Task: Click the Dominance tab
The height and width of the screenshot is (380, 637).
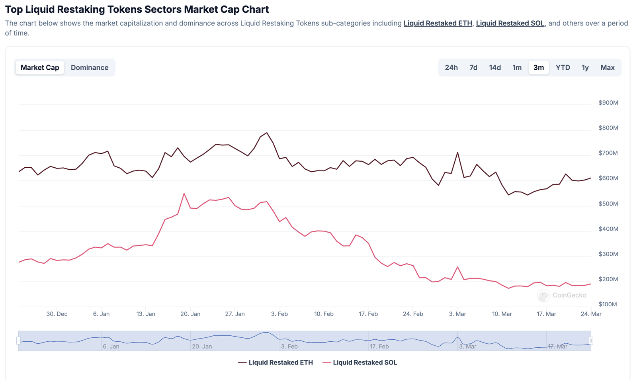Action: point(90,68)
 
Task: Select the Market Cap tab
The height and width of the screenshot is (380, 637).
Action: point(40,68)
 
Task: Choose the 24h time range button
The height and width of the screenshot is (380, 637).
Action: point(451,68)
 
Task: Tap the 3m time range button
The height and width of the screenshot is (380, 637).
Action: point(538,68)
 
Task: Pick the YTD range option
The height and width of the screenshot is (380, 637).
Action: point(563,68)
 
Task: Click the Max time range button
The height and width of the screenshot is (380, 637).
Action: point(607,68)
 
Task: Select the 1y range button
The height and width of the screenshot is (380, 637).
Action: point(585,68)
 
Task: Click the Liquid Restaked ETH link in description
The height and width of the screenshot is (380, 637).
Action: point(438,23)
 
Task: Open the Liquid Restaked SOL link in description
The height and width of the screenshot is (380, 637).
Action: point(510,23)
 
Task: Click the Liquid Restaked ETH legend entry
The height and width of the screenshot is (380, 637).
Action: point(276,362)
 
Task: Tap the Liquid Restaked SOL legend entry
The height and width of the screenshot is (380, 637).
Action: point(360,362)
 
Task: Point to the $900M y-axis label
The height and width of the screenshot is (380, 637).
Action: point(608,103)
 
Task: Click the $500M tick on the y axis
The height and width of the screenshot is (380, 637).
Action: point(608,204)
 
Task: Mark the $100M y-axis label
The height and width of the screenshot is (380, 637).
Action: point(608,304)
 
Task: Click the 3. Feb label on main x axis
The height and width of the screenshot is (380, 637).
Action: point(279,314)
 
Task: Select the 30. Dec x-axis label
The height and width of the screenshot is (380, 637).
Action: point(57,314)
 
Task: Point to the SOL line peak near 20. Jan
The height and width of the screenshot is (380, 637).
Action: point(184,194)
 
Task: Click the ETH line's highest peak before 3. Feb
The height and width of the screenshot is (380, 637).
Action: point(267,133)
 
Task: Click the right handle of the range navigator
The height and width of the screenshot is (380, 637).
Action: point(591,341)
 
